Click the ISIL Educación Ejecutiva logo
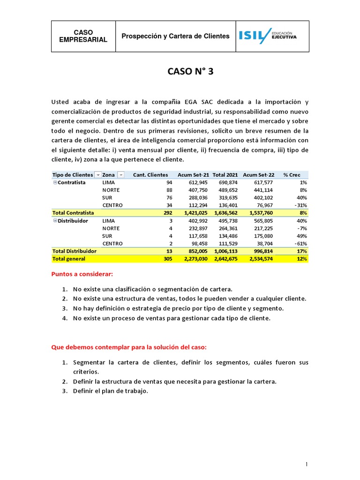click(x=268, y=36)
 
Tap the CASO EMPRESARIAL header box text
click(x=83, y=36)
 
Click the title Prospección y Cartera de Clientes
click(x=176, y=36)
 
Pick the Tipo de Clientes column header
click(x=73, y=175)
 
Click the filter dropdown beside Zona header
click(x=120, y=175)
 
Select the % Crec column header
click(x=293, y=175)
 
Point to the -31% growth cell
click(x=300, y=205)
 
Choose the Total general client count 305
click(x=167, y=259)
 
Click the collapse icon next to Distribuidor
click(x=55, y=220)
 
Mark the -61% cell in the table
click(x=300, y=244)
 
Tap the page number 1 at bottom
click(x=306, y=465)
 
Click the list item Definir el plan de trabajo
click(x=110, y=391)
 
